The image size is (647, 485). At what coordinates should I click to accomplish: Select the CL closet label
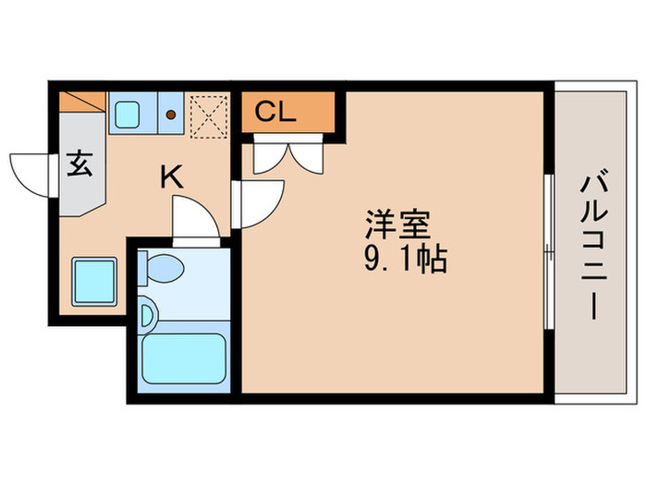coord(275,114)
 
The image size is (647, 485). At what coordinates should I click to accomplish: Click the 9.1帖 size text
coord(405,259)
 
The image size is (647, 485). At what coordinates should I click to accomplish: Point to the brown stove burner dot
coord(171,115)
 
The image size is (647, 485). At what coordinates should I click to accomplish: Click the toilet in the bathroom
coord(164,268)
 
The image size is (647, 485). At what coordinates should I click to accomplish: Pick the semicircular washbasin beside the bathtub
coord(146,315)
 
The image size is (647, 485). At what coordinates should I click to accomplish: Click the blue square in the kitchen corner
coord(93,279)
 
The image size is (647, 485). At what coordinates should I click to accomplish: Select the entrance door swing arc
coord(27,173)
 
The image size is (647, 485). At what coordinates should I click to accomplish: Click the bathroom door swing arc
coord(194,219)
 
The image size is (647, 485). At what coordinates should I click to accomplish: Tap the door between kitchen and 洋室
coord(259,201)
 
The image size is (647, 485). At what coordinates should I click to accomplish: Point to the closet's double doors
coord(287,156)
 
